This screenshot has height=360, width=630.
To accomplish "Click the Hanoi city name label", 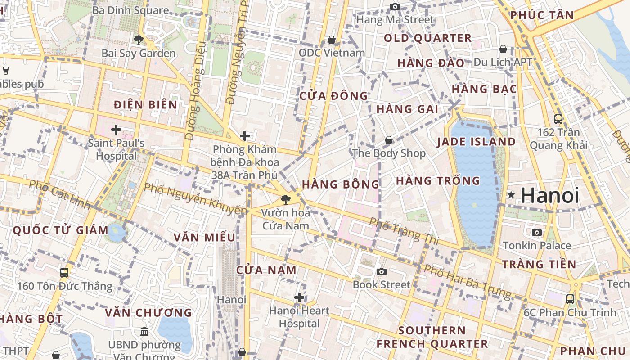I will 550,195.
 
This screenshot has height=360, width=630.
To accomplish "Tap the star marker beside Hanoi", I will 511,195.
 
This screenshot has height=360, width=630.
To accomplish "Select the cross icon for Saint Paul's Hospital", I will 116,130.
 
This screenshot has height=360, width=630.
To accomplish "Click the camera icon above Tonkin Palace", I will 537,232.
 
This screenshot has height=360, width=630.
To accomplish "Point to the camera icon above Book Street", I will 382,271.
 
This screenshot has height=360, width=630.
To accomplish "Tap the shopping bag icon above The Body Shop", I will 389,140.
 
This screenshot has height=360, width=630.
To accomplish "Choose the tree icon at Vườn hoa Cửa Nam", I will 285,199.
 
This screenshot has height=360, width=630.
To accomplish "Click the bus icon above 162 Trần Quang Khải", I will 558,119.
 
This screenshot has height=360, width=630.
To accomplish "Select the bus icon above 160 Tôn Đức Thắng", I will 64,272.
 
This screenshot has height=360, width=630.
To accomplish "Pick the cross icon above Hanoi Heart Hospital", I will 299,297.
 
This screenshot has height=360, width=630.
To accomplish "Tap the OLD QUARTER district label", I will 427,38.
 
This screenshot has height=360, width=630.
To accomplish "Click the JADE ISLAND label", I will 477,142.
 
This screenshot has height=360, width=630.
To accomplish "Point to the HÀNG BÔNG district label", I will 341,184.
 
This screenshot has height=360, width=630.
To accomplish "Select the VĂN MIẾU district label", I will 205,237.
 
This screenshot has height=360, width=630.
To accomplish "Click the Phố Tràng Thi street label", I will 404,231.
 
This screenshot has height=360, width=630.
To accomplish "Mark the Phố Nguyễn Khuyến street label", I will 196,198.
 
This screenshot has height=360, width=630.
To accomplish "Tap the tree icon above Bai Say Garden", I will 139,40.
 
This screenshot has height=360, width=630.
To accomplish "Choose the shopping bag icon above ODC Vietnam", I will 332,40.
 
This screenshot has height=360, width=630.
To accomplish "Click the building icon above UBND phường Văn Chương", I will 144,332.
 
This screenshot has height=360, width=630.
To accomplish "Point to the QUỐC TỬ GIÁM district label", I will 61,230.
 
